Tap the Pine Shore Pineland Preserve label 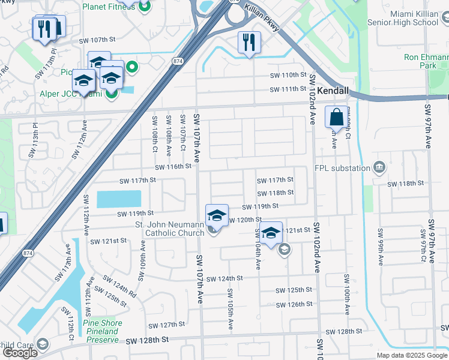[103, 331]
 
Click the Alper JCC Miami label [71, 94]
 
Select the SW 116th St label [173, 166]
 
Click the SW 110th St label [288, 75]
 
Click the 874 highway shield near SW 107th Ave [177, 61]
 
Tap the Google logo [20, 353]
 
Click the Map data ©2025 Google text [411, 355]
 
